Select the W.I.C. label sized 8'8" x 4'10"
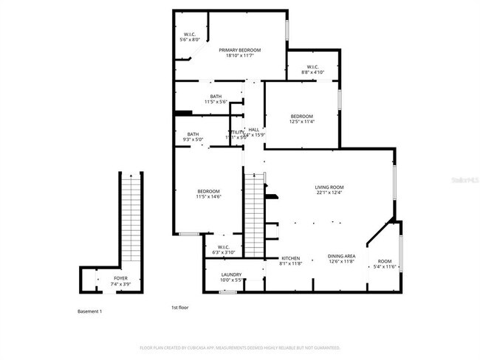click(312, 69)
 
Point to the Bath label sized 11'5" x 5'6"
click(216, 99)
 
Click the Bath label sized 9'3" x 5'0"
click(192, 136)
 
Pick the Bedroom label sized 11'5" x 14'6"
click(209, 194)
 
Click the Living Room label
click(329, 190)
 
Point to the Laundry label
click(231, 277)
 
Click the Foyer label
click(120, 282)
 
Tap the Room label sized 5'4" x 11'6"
click(385, 263)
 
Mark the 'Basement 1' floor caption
click(90, 311)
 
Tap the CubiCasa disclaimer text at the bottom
click(239, 347)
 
